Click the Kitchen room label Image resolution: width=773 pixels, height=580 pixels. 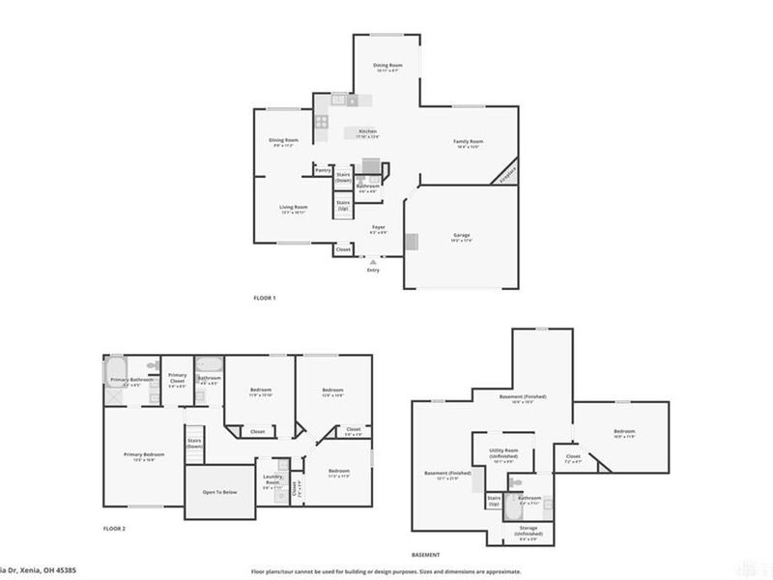click(367, 131)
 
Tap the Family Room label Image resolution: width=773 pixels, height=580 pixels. click(469, 142)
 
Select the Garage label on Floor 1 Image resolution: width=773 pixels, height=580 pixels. click(462, 235)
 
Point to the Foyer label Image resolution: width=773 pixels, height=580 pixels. click(379, 227)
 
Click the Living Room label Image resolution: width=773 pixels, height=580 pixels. click(294, 207)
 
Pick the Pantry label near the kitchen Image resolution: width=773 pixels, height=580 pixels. click(323, 169)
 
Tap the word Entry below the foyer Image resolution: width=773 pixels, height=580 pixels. click(373, 270)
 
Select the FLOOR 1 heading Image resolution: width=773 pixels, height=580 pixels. click(264, 298)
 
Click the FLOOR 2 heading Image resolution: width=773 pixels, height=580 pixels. click(115, 529)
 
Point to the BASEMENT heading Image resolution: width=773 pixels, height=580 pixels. click(426, 554)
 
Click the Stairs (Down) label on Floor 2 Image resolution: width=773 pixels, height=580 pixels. click(194, 444)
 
